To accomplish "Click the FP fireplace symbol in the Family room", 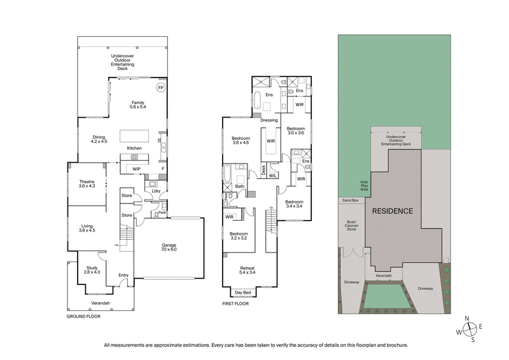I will tap(160, 88).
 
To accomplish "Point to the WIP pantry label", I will tap(136, 169).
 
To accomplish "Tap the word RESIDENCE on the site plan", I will tap(393, 211).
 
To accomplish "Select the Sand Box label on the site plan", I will tap(351, 200).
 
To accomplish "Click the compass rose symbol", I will tap(470, 329).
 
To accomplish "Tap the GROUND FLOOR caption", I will tap(85, 315).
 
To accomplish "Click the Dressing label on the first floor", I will tap(269, 120).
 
